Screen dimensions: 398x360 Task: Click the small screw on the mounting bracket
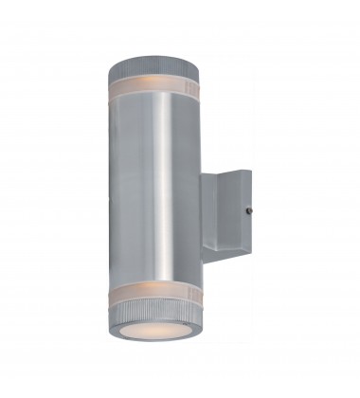click(x=248, y=211)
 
